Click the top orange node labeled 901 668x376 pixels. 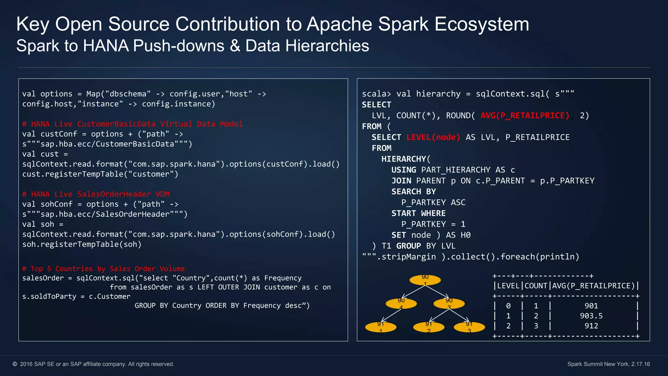[x=425, y=280]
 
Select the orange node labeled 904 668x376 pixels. [x=401, y=304]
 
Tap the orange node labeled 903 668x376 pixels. [x=449, y=304]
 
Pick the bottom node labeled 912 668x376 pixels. [x=429, y=327]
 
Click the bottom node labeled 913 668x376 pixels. [x=469, y=327]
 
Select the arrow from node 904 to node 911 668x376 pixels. [x=391, y=315]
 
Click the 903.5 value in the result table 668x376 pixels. [x=591, y=316]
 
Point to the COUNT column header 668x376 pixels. [x=536, y=286]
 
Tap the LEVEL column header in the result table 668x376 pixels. [x=508, y=286]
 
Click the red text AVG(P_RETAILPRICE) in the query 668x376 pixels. [x=525, y=116]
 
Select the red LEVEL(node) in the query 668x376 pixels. [x=433, y=137]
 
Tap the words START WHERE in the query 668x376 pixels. [x=418, y=213]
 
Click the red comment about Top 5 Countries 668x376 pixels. [x=103, y=269]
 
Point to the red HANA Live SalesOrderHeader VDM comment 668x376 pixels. [x=96, y=194]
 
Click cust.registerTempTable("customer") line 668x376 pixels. [x=100, y=174]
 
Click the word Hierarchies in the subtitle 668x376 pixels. [x=327, y=46]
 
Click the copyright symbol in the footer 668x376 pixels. [x=15, y=364]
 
